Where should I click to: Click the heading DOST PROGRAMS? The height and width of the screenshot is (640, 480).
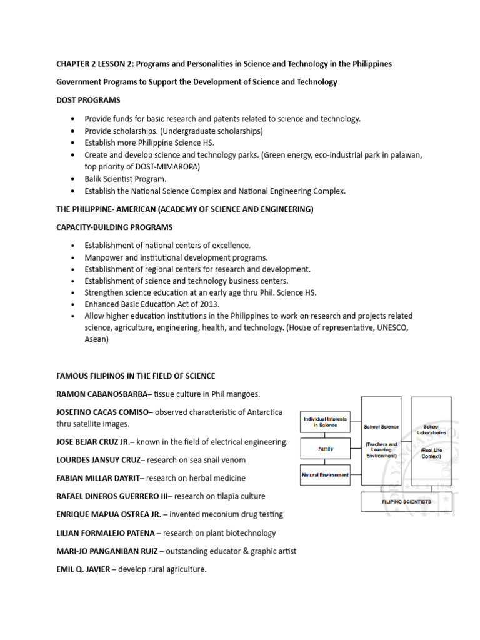click(x=88, y=100)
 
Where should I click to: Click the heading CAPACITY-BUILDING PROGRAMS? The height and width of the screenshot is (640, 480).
click(x=114, y=227)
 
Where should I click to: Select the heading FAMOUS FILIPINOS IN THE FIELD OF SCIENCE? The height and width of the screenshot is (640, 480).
click(x=136, y=376)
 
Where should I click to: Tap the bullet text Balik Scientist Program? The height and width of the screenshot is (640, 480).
click(x=126, y=179)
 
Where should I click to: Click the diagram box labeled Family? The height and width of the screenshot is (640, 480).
click(x=325, y=448)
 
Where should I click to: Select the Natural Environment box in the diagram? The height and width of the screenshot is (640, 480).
click(x=325, y=475)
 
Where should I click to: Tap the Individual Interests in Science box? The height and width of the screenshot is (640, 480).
click(x=325, y=422)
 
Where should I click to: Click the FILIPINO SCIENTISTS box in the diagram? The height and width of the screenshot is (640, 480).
click(x=406, y=501)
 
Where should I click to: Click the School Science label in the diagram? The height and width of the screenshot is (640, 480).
click(x=381, y=427)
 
